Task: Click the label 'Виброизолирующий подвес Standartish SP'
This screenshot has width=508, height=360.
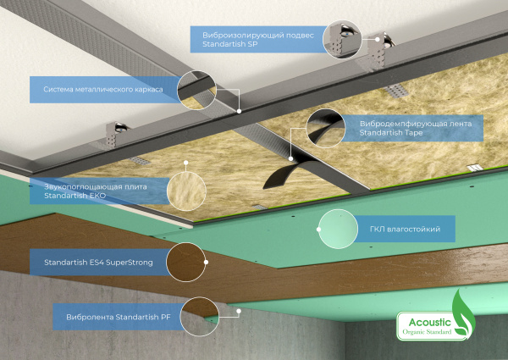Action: tap(258, 40)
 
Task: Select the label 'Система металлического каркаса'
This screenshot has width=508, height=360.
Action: tap(103, 89)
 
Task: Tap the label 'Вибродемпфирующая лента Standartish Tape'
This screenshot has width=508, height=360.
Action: tap(416, 128)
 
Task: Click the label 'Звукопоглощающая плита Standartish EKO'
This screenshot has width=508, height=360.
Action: tap(96, 191)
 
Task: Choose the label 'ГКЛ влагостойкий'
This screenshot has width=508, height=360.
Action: tap(405, 229)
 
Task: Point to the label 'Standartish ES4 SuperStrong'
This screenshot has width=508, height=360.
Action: tap(98, 262)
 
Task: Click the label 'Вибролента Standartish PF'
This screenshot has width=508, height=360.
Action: tap(119, 317)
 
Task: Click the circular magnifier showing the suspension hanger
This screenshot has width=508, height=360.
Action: tap(342, 40)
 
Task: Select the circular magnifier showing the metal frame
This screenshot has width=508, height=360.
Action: tap(196, 90)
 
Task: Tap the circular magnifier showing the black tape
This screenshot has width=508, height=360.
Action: tap(326, 128)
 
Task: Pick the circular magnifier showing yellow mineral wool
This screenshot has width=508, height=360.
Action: tap(186, 191)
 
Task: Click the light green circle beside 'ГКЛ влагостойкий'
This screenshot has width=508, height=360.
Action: tap(338, 229)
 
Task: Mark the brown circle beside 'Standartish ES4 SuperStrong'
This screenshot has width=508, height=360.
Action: tap(186, 262)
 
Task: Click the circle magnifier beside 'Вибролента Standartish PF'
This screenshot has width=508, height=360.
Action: tap(200, 317)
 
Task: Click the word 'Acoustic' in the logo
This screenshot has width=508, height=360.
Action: tap(429, 322)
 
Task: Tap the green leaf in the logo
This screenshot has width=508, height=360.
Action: tap(463, 313)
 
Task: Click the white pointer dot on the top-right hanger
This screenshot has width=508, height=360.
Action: tap(378, 39)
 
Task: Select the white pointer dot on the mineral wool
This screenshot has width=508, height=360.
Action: tap(186, 163)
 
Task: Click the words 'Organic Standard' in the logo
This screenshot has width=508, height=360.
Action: tap(427, 332)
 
